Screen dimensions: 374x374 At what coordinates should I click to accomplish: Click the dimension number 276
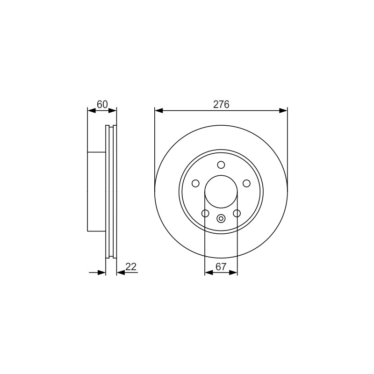click(x=221, y=104)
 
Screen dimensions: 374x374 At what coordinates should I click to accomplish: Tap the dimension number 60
click(x=102, y=104)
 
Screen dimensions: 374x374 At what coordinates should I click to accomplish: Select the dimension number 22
click(x=131, y=266)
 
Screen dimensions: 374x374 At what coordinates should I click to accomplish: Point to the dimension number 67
click(x=221, y=266)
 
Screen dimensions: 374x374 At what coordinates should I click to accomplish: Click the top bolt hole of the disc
click(x=221, y=165)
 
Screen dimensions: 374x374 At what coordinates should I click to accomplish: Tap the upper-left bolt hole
click(x=195, y=183)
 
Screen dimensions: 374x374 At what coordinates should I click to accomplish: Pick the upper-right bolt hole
click(x=247, y=183)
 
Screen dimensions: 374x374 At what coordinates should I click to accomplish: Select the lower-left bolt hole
click(x=205, y=213)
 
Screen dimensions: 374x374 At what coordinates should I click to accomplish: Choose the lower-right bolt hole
click(x=237, y=213)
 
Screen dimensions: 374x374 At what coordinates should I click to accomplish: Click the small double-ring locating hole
click(x=221, y=218)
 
